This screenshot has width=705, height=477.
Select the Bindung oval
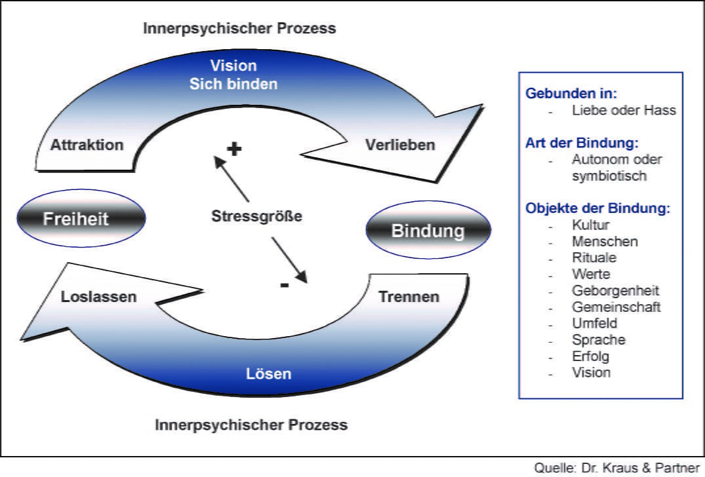click(428, 231)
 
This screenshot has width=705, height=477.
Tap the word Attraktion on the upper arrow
click(87, 145)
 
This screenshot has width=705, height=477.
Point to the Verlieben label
click(399, 145)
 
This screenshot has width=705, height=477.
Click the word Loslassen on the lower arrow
click(98, 297)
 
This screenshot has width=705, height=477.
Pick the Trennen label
click(409, 297)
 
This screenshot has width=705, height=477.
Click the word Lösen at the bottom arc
click(268, 374)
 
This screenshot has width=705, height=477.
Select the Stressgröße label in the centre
click(257, 215)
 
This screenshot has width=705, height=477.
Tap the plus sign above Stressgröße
click(234, 149)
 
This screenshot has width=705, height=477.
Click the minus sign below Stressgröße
click(284, 285)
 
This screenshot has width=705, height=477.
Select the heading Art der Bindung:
click(582, 143)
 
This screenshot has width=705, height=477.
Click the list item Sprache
click(599, 340)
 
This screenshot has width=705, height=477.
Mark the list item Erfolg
click(591, 356)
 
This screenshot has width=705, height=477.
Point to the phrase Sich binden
click(233, 84)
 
